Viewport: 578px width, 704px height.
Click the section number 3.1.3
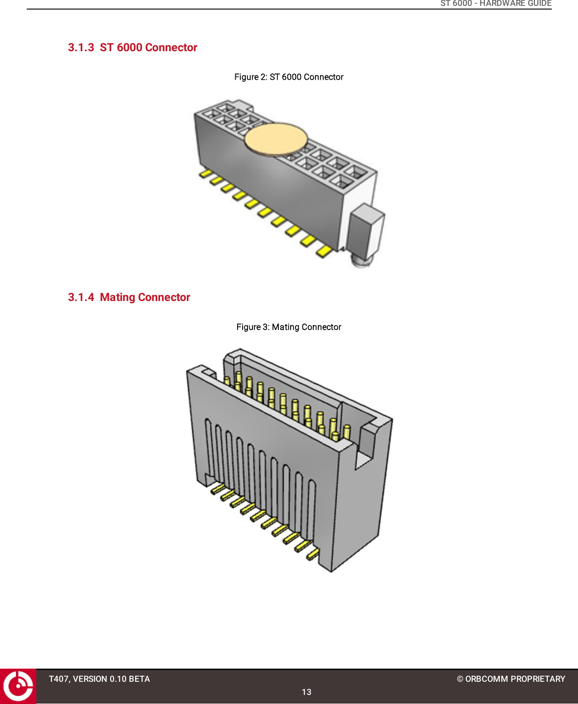(x=81, y=48)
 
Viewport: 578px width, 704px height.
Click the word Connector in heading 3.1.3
(x=171, y=48)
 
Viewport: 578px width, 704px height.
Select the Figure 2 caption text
(x=289, y=77)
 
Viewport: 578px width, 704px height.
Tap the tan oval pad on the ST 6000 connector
(x=276, y=139)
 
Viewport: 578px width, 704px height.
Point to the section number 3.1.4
(x=81, y=297)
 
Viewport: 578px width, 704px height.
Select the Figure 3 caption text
(x=289, y=327)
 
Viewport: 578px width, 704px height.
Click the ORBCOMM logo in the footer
(x=18, y=686)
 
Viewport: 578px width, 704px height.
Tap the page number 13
(x=306, y=692)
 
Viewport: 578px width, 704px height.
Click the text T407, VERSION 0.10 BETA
(x=99, y=679)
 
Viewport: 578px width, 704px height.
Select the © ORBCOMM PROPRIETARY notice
(x=511, y=679)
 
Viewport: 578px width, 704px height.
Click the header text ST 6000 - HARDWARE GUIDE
(x=495, y=4)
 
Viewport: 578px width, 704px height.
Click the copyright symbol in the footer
(x=460, y=679)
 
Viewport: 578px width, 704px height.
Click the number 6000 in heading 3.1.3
(x=129, y=48)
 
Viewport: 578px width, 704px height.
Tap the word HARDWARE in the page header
(x=502, y=4)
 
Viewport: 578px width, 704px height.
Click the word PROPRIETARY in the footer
(x=538, y=679)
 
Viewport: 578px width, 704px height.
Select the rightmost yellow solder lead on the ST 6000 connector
(x=324, y=251)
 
